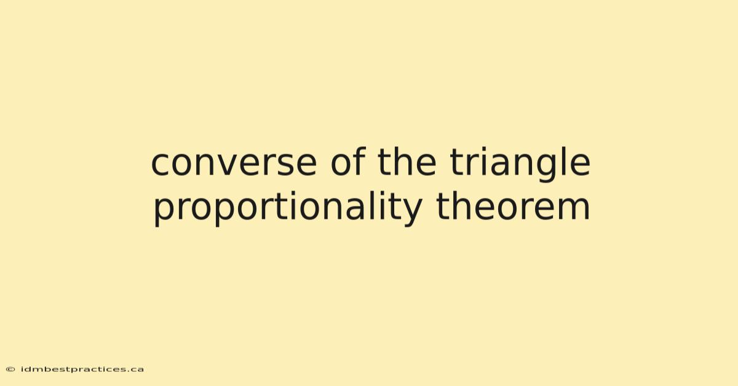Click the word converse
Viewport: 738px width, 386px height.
tap(234, 163)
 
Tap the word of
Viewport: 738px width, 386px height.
tap(348, 162)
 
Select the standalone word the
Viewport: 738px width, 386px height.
tap(407, 162)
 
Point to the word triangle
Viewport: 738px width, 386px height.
tap(520, 164)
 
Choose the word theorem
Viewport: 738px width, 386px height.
tap(513, 206)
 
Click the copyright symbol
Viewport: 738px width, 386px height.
tap(10, 369)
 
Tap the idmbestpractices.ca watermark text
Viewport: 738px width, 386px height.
tap(82, 369)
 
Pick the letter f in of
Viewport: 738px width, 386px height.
tap(359, 162)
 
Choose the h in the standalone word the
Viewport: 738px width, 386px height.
tap(403, 162)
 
